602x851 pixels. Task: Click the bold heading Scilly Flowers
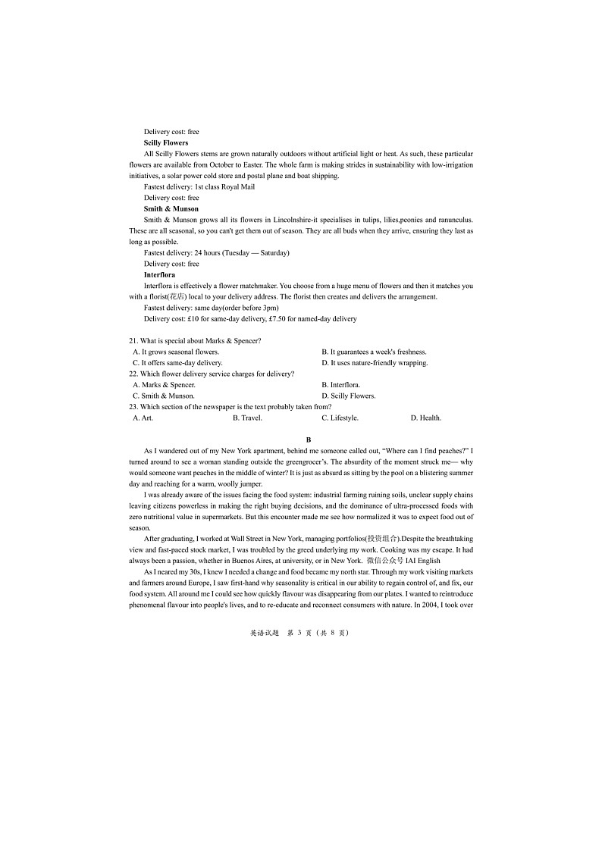[165, 142]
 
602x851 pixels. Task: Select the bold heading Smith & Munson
[171, 208]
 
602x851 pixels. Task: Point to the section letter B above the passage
[309, 440]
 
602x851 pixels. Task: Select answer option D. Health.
[425, 418]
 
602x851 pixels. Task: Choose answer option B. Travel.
[247, 418]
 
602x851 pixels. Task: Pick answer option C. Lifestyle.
[340, 418]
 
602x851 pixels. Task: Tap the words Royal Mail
[238, 186]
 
